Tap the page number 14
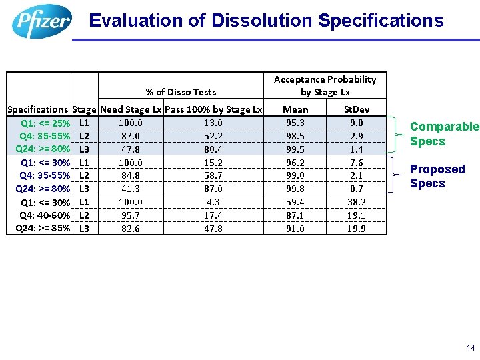(x=471, y=348)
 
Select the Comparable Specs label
(x=444, y=134)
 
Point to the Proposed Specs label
(x=437, y=176)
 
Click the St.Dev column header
(x=356, y=109)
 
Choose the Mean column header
(x=295, y=109)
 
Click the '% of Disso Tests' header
(x=181, y=92)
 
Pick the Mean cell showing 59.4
(x=295, y=202)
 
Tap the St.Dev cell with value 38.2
(x=357, y=202)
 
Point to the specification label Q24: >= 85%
(x=43, y=229)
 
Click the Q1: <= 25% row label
(x=46, y=123)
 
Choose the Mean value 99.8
(x=295, y=189)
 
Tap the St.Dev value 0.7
(x=357, y=189)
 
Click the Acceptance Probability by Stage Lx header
(x=325, y=85)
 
